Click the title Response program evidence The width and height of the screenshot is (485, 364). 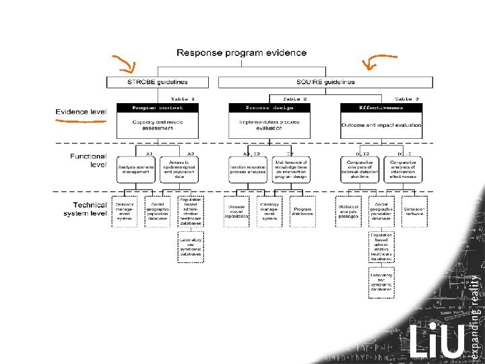[241, 53]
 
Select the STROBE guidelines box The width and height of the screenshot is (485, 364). [157, 82]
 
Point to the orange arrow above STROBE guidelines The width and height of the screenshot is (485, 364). [124, 65]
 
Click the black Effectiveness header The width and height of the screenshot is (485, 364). [381, 107]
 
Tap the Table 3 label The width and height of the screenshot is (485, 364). [407, 98]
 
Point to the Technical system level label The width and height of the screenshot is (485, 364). [86, 209]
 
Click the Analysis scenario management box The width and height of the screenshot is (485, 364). [137, 169]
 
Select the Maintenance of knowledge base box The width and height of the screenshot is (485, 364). [290, 169]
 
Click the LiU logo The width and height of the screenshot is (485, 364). [437, 340]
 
